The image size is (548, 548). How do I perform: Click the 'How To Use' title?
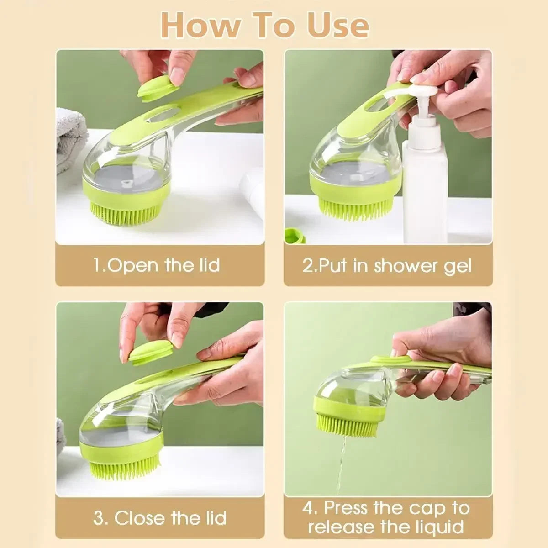click(265, 26)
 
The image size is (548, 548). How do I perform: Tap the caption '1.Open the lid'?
click(157, 265)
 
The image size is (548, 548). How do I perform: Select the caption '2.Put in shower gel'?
click(387, 265)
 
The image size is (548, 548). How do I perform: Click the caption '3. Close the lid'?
click(160, 518)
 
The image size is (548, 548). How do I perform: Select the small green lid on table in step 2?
click(295, 235)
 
